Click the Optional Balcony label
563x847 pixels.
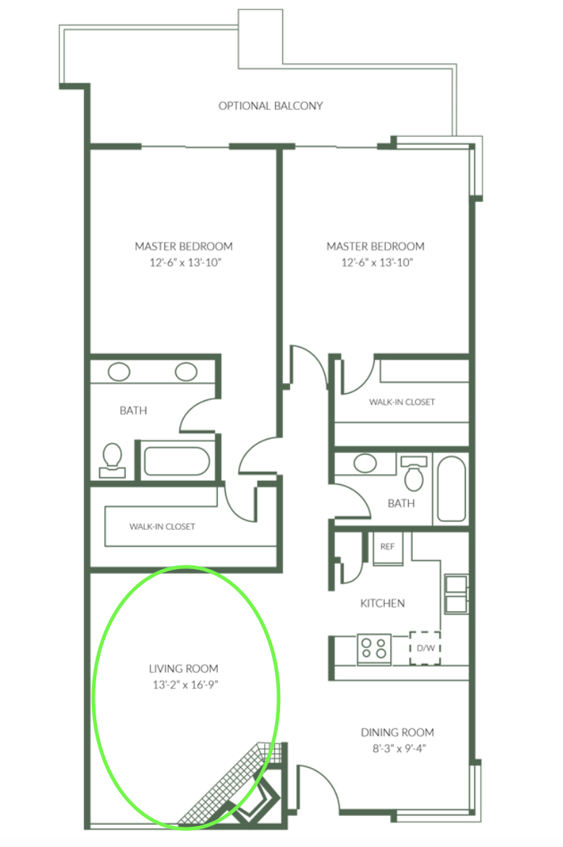pyautogui.click(x=271, y=106)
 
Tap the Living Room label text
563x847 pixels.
pyautogui.click(x=184, y=669)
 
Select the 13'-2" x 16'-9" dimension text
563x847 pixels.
pyautogui.click(x=185, y=685)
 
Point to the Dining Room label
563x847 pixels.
pyautogui.click(x=397, y=733)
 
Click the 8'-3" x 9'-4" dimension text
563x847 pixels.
pyautogui.click(x=399, y=749)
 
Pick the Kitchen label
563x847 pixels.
pyautogui.click(x=382, y=603)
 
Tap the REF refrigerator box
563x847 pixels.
pyautogui.click(x=388, y=548)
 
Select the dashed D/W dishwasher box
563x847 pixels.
pyautogui.click(x=426, y=648)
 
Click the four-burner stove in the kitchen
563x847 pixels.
pyautogui.click(x=374, y=648)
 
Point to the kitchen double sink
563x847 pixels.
pyautogui.click(x=456, y=594)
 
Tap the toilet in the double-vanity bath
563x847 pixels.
pyautogui.click(x=112, y=460)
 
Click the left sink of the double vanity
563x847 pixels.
pyautogui.click(x=119, y=371)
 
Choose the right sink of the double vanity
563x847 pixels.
pyautogui.click(x=186, y=371)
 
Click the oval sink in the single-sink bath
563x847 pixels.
pyautogui.click(x=365, y=463)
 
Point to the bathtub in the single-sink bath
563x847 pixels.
pyautogui.click(x=452, y=489)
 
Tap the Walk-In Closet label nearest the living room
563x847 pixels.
pyautogui.click(x=162, y=527)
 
